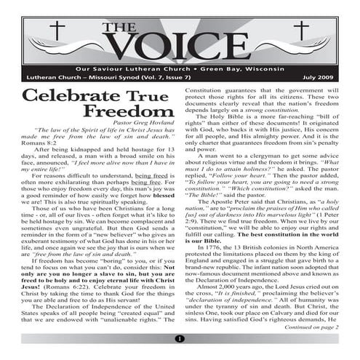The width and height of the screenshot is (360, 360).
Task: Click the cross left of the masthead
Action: pos(54,33)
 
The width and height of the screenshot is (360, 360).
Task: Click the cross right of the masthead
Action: pos(302,32)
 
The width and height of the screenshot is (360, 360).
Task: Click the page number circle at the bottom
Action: pos(180,339)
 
